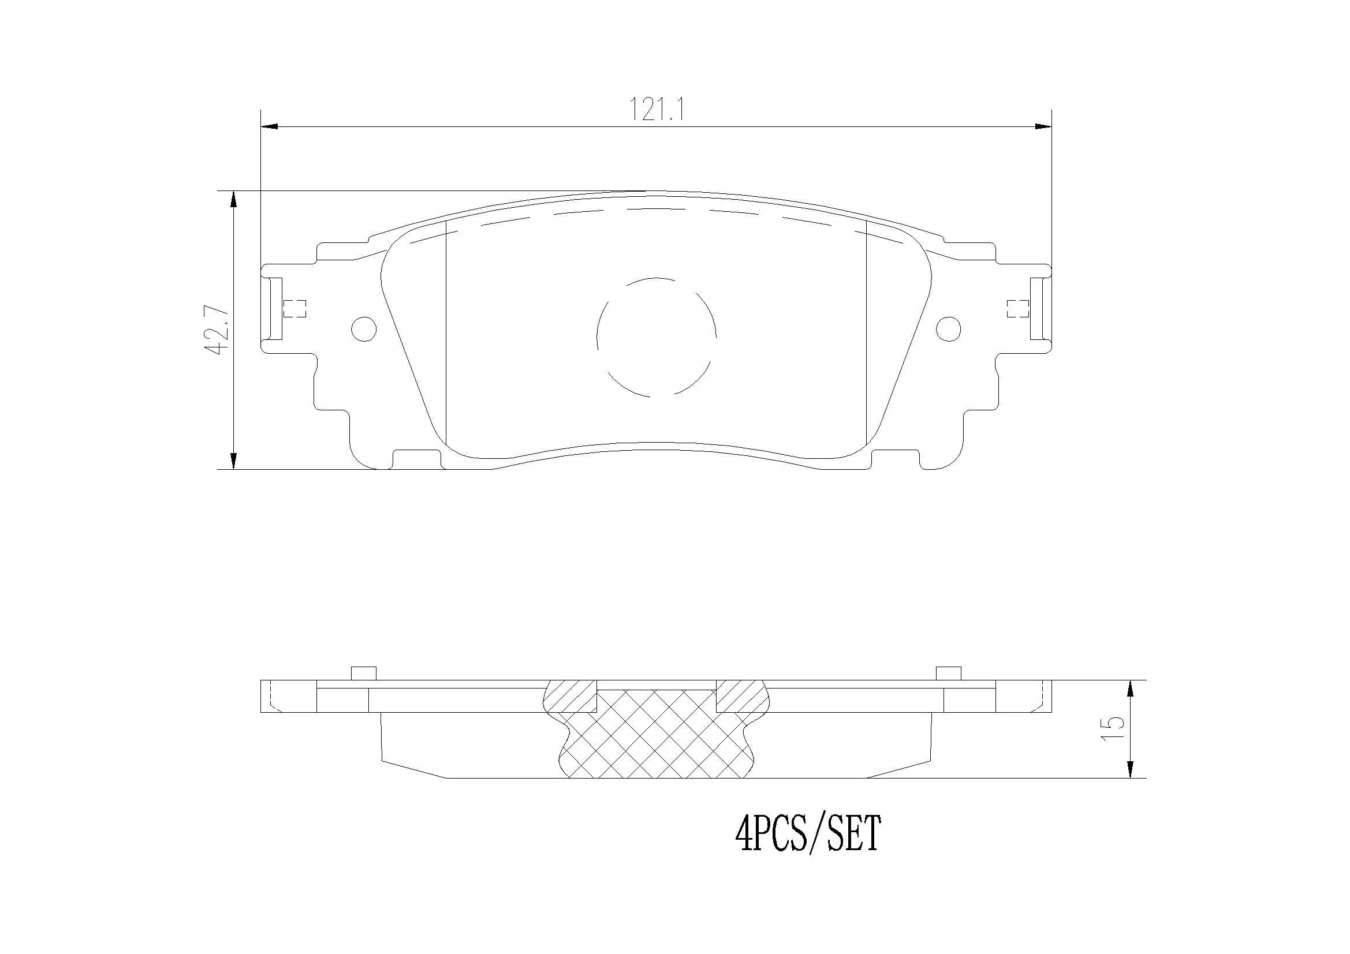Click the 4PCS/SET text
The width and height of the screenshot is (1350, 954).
click(808, 835)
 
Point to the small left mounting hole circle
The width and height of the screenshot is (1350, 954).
click(363, 328)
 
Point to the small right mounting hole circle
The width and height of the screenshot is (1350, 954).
click(948, 328)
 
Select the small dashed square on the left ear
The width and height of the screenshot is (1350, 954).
click(294, 309)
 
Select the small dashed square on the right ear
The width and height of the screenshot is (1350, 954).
click(1017, 309)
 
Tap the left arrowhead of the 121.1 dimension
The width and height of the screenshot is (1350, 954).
click(268, 126)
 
